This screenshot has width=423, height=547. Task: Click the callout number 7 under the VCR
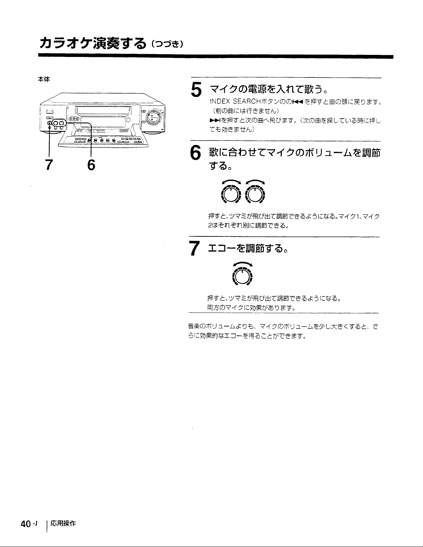(49, 165)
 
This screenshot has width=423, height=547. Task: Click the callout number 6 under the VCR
(91, 165)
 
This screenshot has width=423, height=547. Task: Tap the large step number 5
(196, 90)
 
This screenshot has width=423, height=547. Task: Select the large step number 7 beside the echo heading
(194, 248)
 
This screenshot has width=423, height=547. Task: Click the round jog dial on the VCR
(154, 117)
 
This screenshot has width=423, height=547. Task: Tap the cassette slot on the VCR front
(104, 110)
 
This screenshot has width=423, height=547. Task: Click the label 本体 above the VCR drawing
(44, 79)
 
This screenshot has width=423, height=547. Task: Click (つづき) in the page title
(167, 45)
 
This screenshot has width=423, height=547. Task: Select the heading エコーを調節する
(248, 248)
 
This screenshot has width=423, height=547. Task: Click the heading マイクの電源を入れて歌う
(268, 89)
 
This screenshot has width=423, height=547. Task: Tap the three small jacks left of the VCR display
(75, 119)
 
